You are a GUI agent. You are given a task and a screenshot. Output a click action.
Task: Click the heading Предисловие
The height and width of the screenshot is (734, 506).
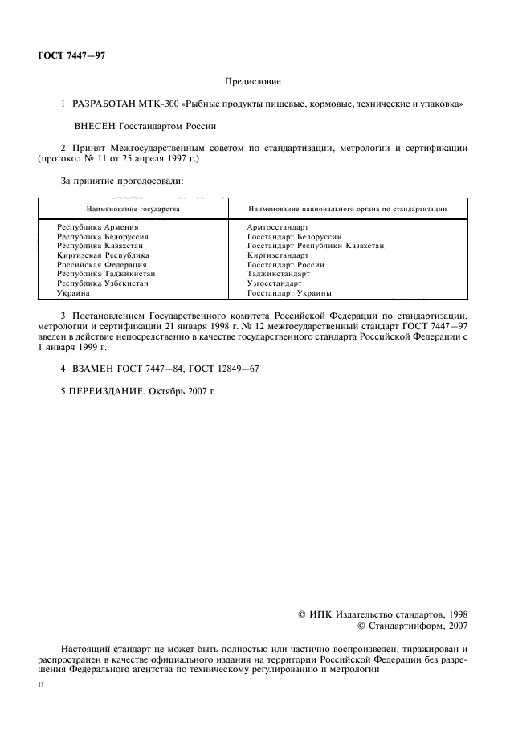(x=252, y=82)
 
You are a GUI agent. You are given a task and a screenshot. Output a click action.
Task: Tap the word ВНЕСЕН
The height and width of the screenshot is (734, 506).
(x=94, y=126)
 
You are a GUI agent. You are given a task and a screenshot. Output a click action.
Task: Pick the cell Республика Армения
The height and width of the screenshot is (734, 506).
(x=92, y=228)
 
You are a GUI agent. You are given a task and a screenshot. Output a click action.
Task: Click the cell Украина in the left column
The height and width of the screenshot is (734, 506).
(x=73, y=293)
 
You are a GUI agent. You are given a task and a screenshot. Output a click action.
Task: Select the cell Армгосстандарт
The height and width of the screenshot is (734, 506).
(x=278, y=228)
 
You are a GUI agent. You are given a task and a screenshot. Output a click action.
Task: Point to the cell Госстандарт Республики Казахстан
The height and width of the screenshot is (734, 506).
(x=316, y=247)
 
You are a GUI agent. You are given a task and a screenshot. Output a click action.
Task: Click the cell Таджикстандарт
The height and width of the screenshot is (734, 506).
(x=279, y=274)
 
